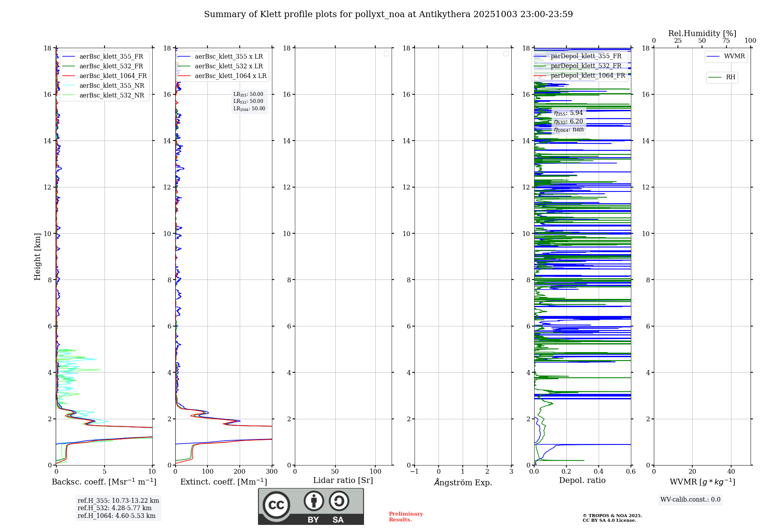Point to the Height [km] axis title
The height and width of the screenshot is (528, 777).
point(37,257)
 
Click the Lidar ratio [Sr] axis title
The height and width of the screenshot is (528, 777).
point(343,480)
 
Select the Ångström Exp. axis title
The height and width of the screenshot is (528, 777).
point(463,482)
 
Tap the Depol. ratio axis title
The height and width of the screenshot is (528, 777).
point(582,480)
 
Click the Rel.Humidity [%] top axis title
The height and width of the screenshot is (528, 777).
point(702,33)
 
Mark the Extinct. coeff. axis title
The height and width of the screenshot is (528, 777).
point(223,482)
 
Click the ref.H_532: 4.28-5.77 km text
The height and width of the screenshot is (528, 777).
point(115,508)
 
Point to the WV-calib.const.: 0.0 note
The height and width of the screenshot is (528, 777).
point(690,500)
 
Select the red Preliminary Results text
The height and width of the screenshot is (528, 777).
point(406,516)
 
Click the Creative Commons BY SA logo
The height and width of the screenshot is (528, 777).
point(311,506)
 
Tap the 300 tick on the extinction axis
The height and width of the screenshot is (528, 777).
point(272,472)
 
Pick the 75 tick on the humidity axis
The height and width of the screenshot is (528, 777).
point(726,41)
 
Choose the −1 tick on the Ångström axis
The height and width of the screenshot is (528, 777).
point(414,472)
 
